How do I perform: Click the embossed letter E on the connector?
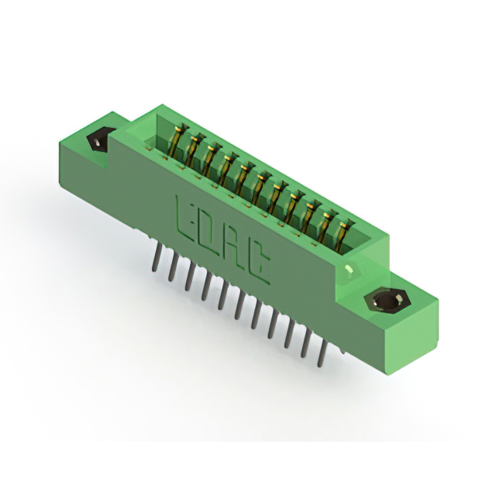click(x=187, y=219)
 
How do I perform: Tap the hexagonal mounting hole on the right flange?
click(x=387, y=301)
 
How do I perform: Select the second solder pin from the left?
click(x=172, y=268)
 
